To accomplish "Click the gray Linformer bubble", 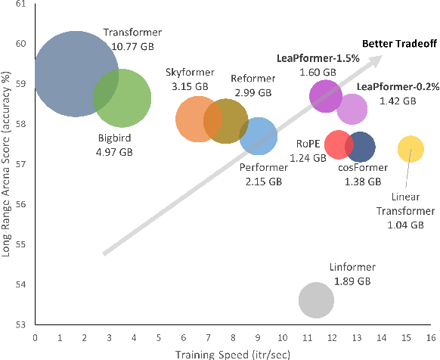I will tap(316, 300).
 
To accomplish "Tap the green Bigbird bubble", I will tap(122, 98).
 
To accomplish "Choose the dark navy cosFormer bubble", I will tap(360, 147).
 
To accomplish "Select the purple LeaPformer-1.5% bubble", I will tap(326, 95).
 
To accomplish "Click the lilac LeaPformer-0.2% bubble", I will tap(352, 109).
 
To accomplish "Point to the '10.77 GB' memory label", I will tap(132, 46).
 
